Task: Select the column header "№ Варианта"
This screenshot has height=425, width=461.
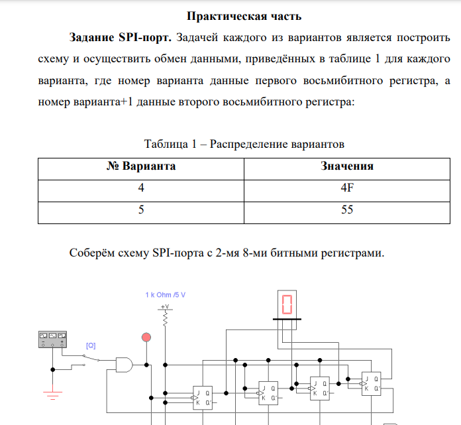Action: coord(141,166)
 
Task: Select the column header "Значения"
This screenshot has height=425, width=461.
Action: coord(346,166)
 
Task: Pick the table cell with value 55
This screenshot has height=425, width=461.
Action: coord(346,210)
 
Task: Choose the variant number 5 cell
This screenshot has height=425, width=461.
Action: coord(141,210)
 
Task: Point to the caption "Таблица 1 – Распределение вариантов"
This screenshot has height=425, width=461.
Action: coord(244,144)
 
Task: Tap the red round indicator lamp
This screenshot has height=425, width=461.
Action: coord(146,339)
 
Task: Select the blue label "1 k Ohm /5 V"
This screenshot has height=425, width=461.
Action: coord(166,294)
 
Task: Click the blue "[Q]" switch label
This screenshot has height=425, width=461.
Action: coord(91,345)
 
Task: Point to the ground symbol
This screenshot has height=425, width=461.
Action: coord(53,396)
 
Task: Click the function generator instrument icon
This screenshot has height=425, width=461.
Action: coord(54,340)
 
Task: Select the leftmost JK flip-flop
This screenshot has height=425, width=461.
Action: coord(202,397)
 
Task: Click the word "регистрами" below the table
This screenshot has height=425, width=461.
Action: coord(352,253)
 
